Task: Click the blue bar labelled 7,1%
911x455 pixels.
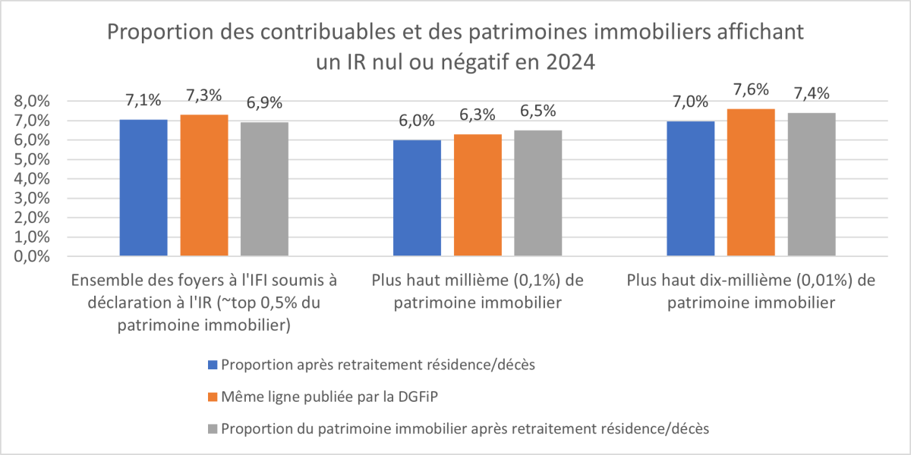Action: pos(143,188)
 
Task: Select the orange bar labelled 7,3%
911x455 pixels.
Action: pos(204,186)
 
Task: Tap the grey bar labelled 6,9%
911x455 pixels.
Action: pos(264,190)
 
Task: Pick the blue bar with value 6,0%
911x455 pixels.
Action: pos(417,199)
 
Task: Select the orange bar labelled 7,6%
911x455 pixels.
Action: pos(751,183)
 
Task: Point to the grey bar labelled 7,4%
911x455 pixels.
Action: pos(811,185)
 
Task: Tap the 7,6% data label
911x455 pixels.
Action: pos(751,90)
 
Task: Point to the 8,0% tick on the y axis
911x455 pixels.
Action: pos(33,102)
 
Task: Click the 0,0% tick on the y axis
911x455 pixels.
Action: pos(33,256)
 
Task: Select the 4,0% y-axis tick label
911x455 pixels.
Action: pos(33,179)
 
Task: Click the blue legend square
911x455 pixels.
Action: pos(212,365)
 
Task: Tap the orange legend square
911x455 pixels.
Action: pos(212,397)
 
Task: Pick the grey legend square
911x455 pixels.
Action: pos(212,429)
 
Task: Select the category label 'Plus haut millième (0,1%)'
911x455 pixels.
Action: pos(478,281)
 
